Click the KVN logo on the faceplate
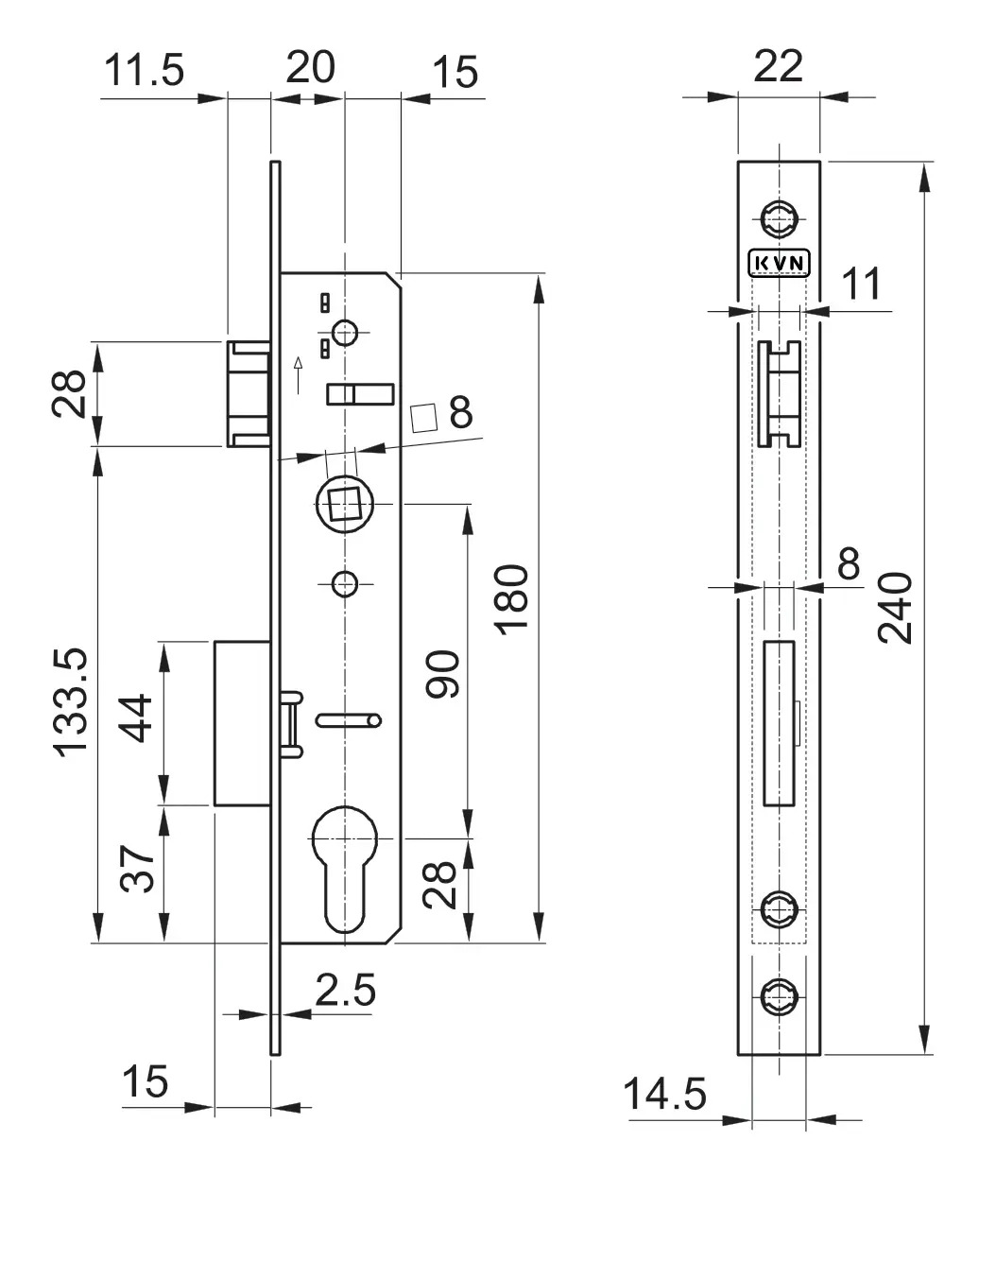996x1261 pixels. click(780, 263)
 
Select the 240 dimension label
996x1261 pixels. click(896, 607)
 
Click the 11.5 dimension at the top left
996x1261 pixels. click(144, 71)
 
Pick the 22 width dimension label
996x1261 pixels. click(779, 65)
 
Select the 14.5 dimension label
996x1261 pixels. click(664, 1095)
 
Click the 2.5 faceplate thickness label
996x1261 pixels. click(345, 990)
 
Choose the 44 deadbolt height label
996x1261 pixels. click(136, 718)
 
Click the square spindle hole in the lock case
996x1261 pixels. click(344, 503)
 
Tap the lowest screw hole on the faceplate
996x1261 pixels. click(779, 995)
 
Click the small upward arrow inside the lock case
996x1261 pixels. click(300, 374)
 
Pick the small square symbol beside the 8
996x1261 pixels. click(424, 417)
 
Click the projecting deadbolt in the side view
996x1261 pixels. click(241, 723)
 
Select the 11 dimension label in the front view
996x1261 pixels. click(861, 283)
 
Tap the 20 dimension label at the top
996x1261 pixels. click(310, 67)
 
